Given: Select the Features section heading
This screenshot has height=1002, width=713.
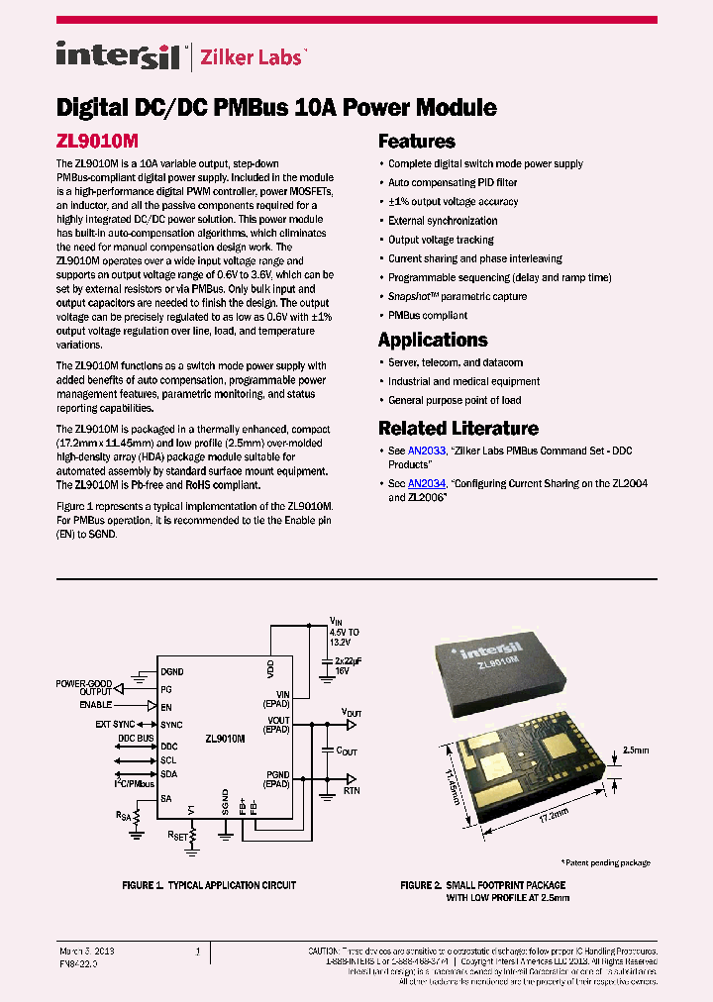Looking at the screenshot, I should [x=417, y=142].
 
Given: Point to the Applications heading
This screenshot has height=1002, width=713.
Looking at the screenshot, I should [x=433, y=340].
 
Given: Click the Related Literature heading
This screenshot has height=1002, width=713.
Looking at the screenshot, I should [x=458, y=429].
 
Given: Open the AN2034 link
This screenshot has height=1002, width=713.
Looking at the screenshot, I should [x=427, y=483].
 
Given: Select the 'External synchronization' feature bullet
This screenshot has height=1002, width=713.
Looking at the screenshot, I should [x=443, y=221].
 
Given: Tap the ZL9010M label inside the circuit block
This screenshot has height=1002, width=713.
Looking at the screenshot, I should [x=225, y=739].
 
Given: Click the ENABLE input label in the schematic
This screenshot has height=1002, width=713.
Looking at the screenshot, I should [x=96, y=705].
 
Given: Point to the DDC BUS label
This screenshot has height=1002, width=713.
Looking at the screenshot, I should [x=137, y=738].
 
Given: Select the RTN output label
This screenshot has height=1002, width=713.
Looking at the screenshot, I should [x=352, y=792].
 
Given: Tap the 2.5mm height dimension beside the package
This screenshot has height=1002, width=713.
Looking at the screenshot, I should [x=636, y=751].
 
